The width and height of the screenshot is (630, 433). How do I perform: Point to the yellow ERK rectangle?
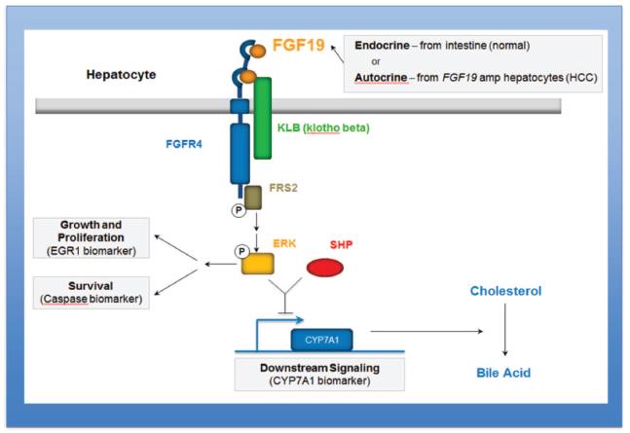(x=257, y=261)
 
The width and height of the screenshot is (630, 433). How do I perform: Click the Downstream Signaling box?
(x=321, y=374)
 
